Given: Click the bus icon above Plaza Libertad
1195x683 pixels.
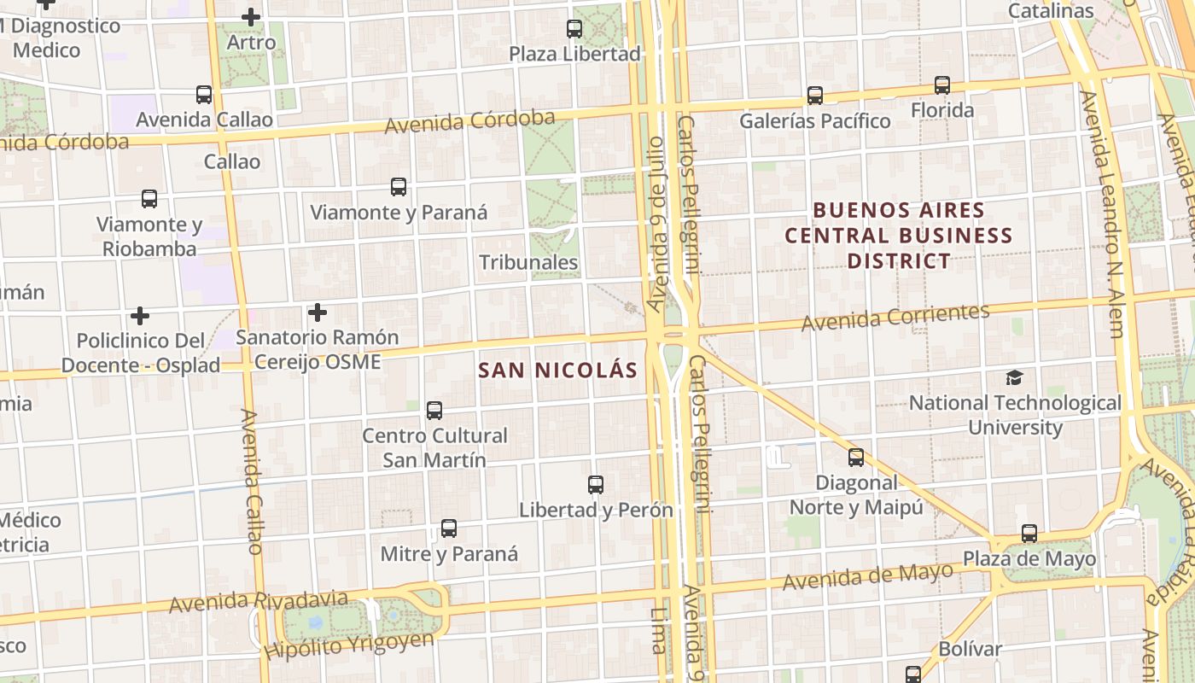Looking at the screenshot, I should (574, 29).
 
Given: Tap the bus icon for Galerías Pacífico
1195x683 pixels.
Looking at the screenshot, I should (815, 96).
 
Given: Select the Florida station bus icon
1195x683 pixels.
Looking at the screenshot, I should (942, 85).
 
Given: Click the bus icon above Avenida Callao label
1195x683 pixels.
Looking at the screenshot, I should (203, 95).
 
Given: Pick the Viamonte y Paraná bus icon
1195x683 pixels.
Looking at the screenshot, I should (398, 187).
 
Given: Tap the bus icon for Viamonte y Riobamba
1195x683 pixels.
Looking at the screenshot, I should (149, 199).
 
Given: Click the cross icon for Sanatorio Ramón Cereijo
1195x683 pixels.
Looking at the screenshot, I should (318, 312).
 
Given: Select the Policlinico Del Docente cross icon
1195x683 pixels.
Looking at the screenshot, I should (140, 316).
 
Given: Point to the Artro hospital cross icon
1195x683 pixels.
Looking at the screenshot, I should (251, 17).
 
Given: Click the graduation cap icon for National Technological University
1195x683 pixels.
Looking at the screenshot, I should (1014, 377).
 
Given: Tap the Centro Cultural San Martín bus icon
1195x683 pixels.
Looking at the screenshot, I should (434, 411).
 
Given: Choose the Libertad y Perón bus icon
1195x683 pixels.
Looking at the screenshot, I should (596, 485).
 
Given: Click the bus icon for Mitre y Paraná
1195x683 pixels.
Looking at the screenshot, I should (449, 528).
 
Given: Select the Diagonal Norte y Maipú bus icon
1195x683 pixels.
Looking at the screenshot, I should (856, 458).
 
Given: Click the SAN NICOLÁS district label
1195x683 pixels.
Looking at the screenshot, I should (558, 371).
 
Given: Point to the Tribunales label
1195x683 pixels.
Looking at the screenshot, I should (529, 262).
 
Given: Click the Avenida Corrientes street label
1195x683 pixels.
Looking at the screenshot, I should (895, 317).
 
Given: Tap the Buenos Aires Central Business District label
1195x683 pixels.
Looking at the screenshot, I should (899, 235).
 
